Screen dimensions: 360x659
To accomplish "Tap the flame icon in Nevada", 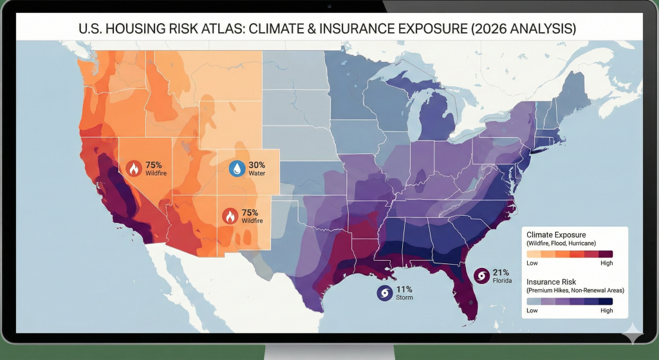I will coord(134,169).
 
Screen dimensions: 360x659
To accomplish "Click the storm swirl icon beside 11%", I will coord(385,293).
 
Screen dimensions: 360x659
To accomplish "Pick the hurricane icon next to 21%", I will coord(481,276).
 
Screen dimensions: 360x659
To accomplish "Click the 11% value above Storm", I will coord(404,289).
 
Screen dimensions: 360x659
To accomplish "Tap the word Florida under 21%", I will coord(503,281).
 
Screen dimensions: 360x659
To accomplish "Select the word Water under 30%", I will coord(257,173).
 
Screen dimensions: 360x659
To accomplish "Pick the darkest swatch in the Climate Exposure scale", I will coord(605,254).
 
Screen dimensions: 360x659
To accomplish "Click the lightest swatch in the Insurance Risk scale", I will coord(534,301).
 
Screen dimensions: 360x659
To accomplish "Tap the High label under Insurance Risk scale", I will coord(606,310).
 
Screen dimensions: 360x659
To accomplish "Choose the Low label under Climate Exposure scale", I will coord(532,263).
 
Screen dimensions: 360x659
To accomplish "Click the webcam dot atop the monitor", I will coord(329,6).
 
